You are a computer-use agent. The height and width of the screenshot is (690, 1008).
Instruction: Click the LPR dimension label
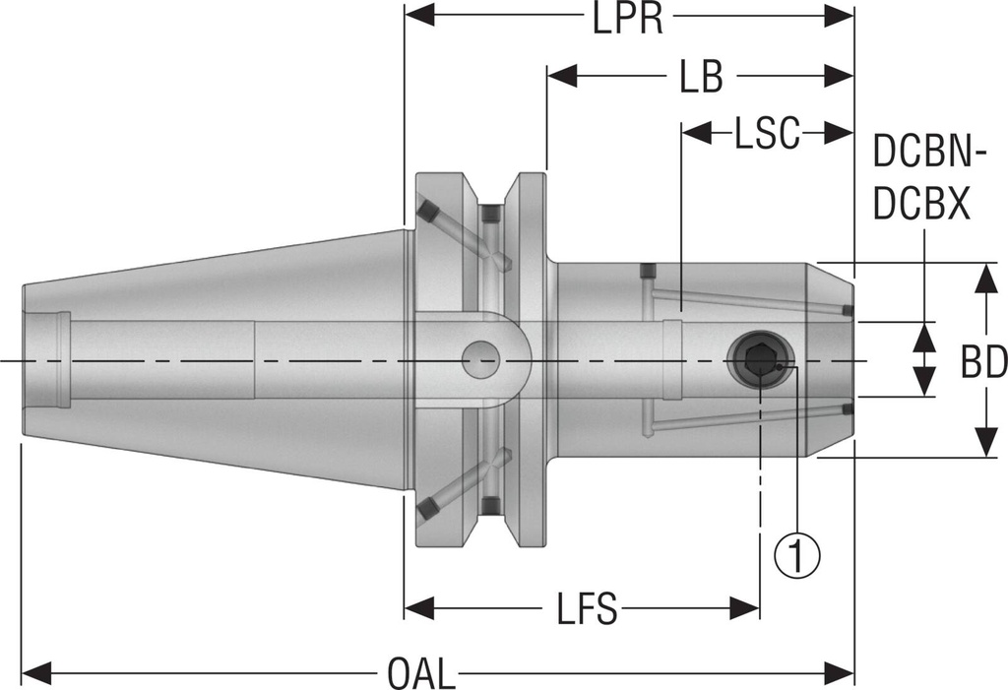click(628, 19)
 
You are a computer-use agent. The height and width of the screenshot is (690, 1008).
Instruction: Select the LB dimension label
click(700, 77)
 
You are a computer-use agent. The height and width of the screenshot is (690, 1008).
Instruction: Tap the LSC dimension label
click(767, 134)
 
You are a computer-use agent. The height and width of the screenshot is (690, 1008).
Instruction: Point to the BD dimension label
click(983, 362)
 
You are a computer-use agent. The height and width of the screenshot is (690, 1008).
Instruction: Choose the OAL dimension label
click(421, 675)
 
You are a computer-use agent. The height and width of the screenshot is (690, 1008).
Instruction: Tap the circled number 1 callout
click(798, 554)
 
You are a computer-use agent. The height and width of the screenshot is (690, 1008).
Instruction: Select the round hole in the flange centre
click(480, 360)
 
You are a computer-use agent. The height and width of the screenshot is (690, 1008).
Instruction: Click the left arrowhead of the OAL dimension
click(35, 674)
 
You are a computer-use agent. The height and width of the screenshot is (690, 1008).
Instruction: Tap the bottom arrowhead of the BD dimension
click(984, 443)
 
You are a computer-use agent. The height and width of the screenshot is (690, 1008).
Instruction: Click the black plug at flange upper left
click(427, 212)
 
